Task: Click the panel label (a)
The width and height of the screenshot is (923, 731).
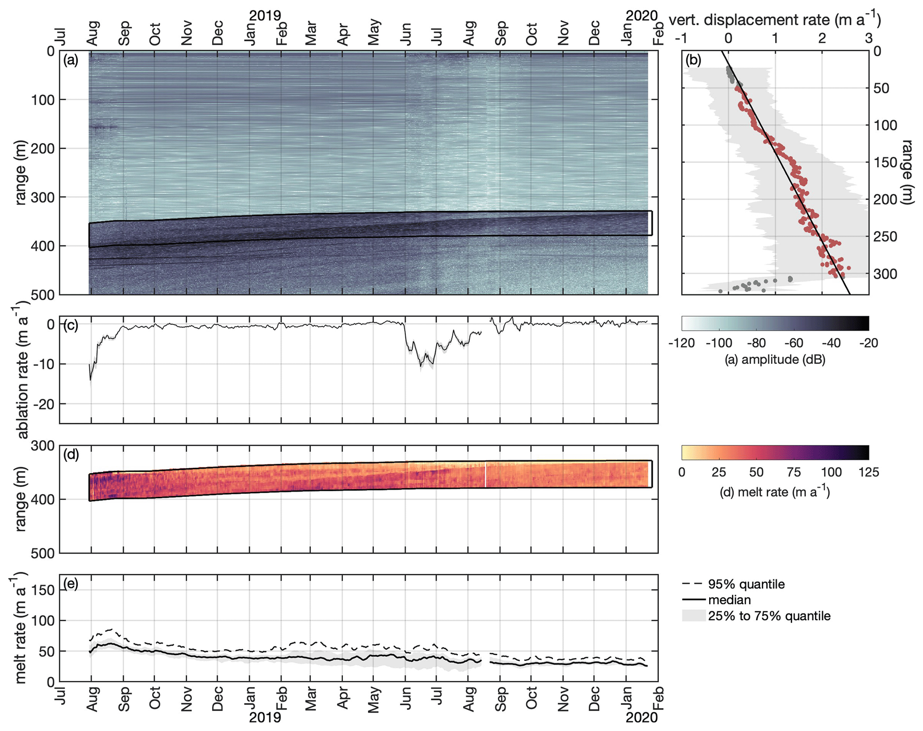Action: pyautogui.click(x=71, y=60)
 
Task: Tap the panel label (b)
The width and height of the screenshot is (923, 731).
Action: pyautogui.click(x=693, y=60)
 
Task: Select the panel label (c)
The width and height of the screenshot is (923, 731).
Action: pyautogui.click(x=71, y=325)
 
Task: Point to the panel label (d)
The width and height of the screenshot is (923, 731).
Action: pyautogui.click(x=71, y=454)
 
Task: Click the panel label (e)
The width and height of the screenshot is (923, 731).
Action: pyautogui.click(x=71, y=584)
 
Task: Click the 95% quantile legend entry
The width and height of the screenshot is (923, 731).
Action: pyautogui.click(x=734, y=584)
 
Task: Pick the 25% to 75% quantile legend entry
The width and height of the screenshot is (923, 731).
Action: pyautogui.click(x=756, y=616)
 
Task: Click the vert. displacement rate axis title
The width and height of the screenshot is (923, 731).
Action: pyautogui.click(x=775, y=20)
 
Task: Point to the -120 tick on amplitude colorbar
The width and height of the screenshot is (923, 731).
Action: pyautogui.click(x=682, y=343)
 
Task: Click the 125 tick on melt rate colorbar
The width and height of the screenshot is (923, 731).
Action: pyautogui.click(x=869, y=472)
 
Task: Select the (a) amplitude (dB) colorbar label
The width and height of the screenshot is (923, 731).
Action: pyautogui.click(x=775, y=359)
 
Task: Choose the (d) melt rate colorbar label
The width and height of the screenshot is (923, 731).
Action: pyautogui.click(x=775, y=492)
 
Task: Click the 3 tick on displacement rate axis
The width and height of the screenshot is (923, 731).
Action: pyautogui.click(x=869, y=38)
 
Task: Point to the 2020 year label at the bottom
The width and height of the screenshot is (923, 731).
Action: pyautogui.click(x=642, y=717)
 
